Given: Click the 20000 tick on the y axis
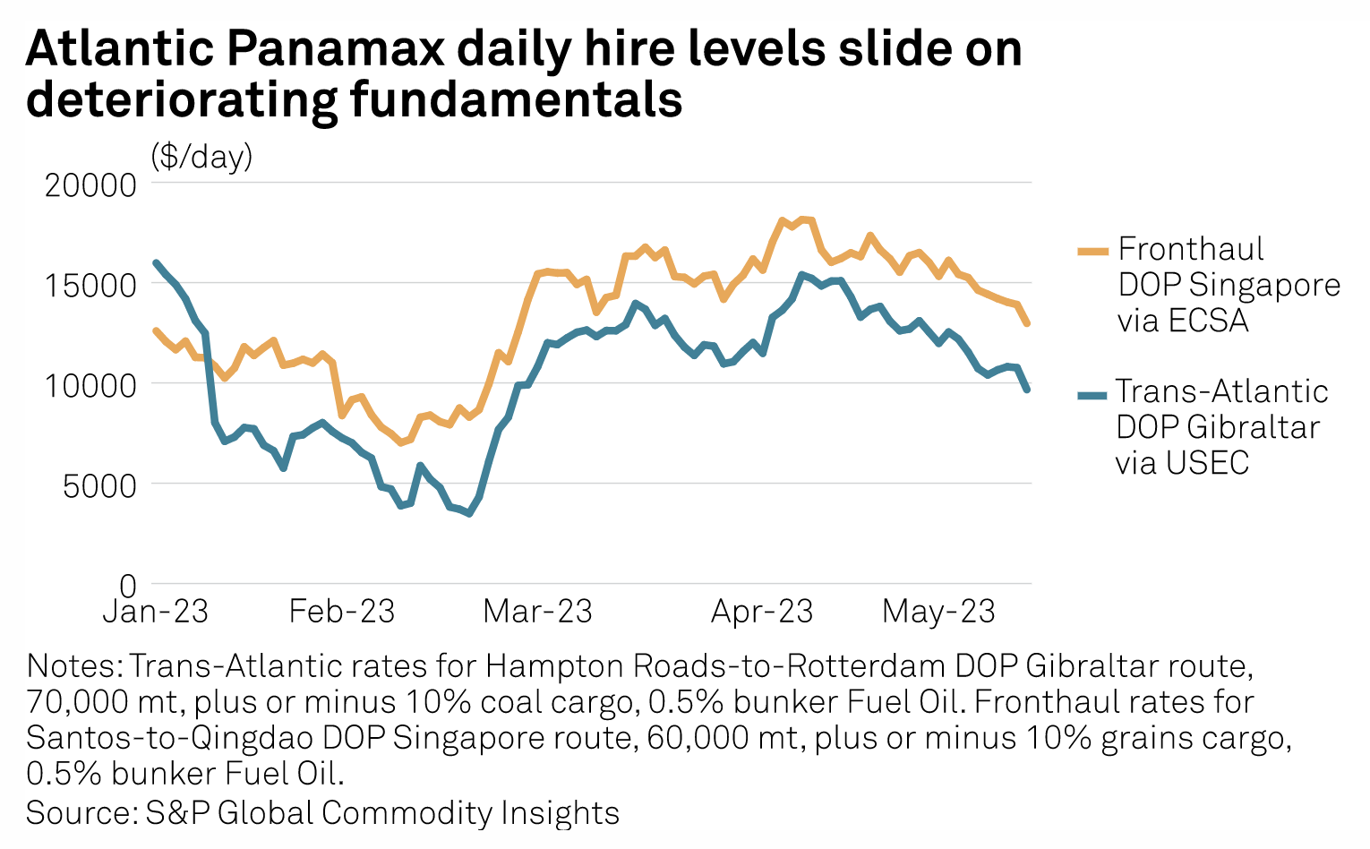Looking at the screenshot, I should tap(90, 184).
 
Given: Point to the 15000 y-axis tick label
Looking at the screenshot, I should tap(90, 286).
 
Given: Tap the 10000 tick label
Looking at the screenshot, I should tap(90, 385).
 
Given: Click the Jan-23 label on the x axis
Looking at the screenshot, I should tap(155, 612).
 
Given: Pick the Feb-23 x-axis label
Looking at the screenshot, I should tap(342, 612).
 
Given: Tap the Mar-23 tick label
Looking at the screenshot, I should tap(537, 612).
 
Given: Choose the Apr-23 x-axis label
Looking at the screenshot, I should tap(762, 612).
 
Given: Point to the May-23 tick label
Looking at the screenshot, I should tap(938, 612).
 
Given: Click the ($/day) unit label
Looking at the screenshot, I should tap(201, 157).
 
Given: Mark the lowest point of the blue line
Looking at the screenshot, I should tap(469, 513).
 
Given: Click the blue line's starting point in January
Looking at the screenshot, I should tap(156, 262).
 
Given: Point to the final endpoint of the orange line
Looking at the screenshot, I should tap(1027, 323).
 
